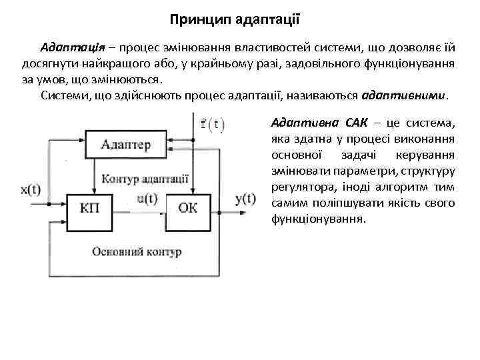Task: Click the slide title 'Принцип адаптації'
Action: click(239, 21)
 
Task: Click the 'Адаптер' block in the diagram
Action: click(127, 143)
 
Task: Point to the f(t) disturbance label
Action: click(213, 124)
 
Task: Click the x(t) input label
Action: click(31, 189)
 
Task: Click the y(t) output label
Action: click(245, 198)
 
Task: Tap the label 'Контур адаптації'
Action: click(145, 179)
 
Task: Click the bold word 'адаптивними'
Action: click(404, 95)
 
